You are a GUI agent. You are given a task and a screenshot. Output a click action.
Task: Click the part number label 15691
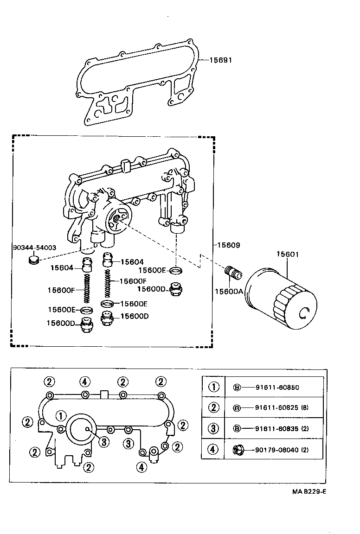tap(220, 60)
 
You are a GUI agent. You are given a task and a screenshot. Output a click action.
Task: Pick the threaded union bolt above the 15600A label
tap(232, 273)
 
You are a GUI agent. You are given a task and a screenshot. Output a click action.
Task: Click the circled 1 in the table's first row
tap(213, 387)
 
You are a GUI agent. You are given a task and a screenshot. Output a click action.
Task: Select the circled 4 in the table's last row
tap(213, 449)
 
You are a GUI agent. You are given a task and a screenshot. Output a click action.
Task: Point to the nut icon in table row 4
tap(237, 449)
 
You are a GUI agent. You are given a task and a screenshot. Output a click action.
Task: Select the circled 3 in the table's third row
tap(213, 428)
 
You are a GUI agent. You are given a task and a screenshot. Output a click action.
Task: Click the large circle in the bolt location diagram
tap(81, 429)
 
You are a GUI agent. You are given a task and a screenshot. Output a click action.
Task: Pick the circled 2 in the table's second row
tap(213, 408)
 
